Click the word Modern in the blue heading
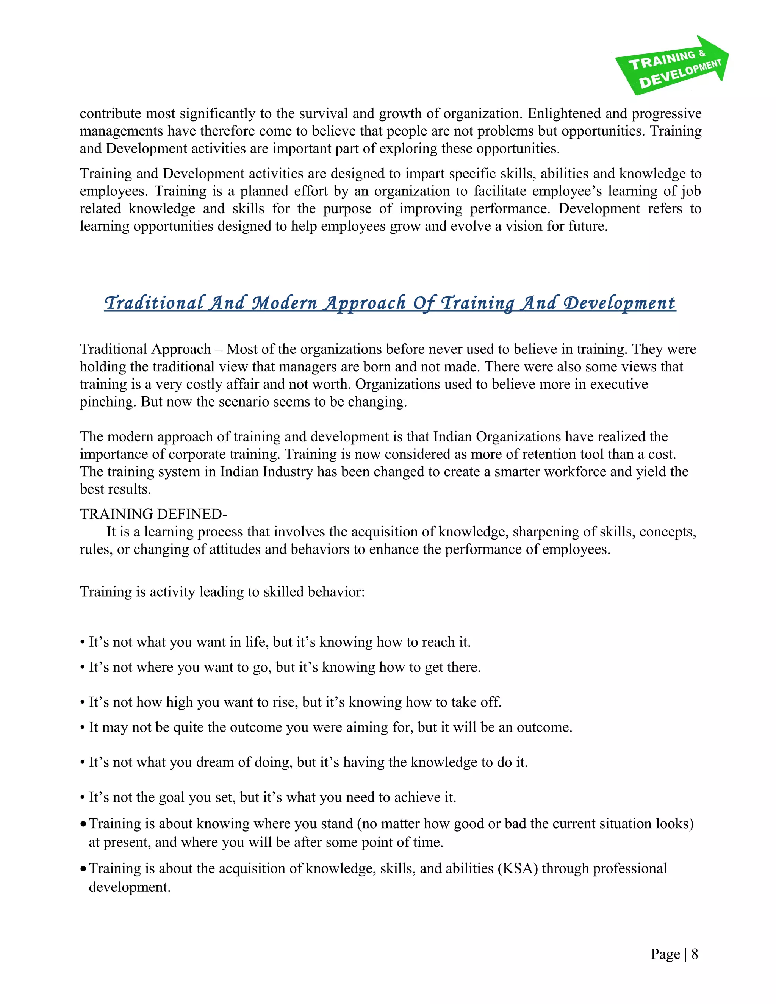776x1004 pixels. click(x=285, y=303)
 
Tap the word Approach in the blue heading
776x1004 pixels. click(x=364, y=303)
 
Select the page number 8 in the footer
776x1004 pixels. click(x=695, y=954)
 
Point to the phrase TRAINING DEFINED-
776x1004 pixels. click(x=153, y=514)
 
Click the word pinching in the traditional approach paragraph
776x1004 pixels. click(x=108, y=402)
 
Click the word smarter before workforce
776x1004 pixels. click(x=518, y=472)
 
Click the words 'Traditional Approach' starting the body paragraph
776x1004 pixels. click(x=145, y=349)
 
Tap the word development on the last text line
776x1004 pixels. click(x=129, y=887)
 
